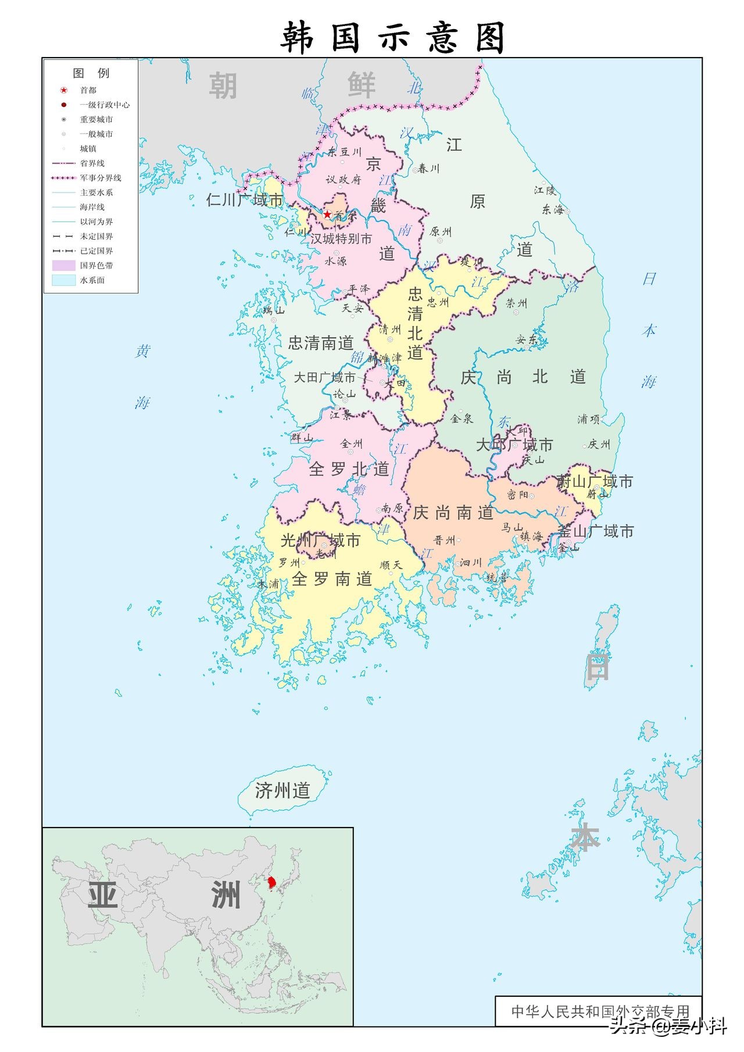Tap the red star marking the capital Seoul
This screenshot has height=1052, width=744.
click(327, 215)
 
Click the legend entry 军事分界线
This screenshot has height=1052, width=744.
click(100, 178)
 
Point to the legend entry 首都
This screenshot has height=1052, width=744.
click(88, 90)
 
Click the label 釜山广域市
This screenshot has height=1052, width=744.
click(595, 532)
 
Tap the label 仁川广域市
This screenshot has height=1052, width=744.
click(245, 200)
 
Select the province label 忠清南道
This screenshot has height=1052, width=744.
click(321, 343)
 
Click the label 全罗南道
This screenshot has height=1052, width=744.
click(332, 579)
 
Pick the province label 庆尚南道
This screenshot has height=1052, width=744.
click(453, 512)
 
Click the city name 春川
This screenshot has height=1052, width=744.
click(428, 169)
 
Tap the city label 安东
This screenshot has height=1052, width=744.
click(527, 340)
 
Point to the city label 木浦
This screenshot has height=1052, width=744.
click(268, 583)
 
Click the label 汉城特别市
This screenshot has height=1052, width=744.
click(341, 239)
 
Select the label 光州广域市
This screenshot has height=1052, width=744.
click(320, 540)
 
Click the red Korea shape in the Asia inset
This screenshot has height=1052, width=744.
click(271, 883)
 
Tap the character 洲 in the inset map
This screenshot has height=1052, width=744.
click(226, 896)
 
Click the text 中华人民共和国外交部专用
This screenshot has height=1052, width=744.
click(600, 1011)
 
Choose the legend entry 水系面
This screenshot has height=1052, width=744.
click(92, 280)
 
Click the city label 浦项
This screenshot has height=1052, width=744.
click(588, 419)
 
